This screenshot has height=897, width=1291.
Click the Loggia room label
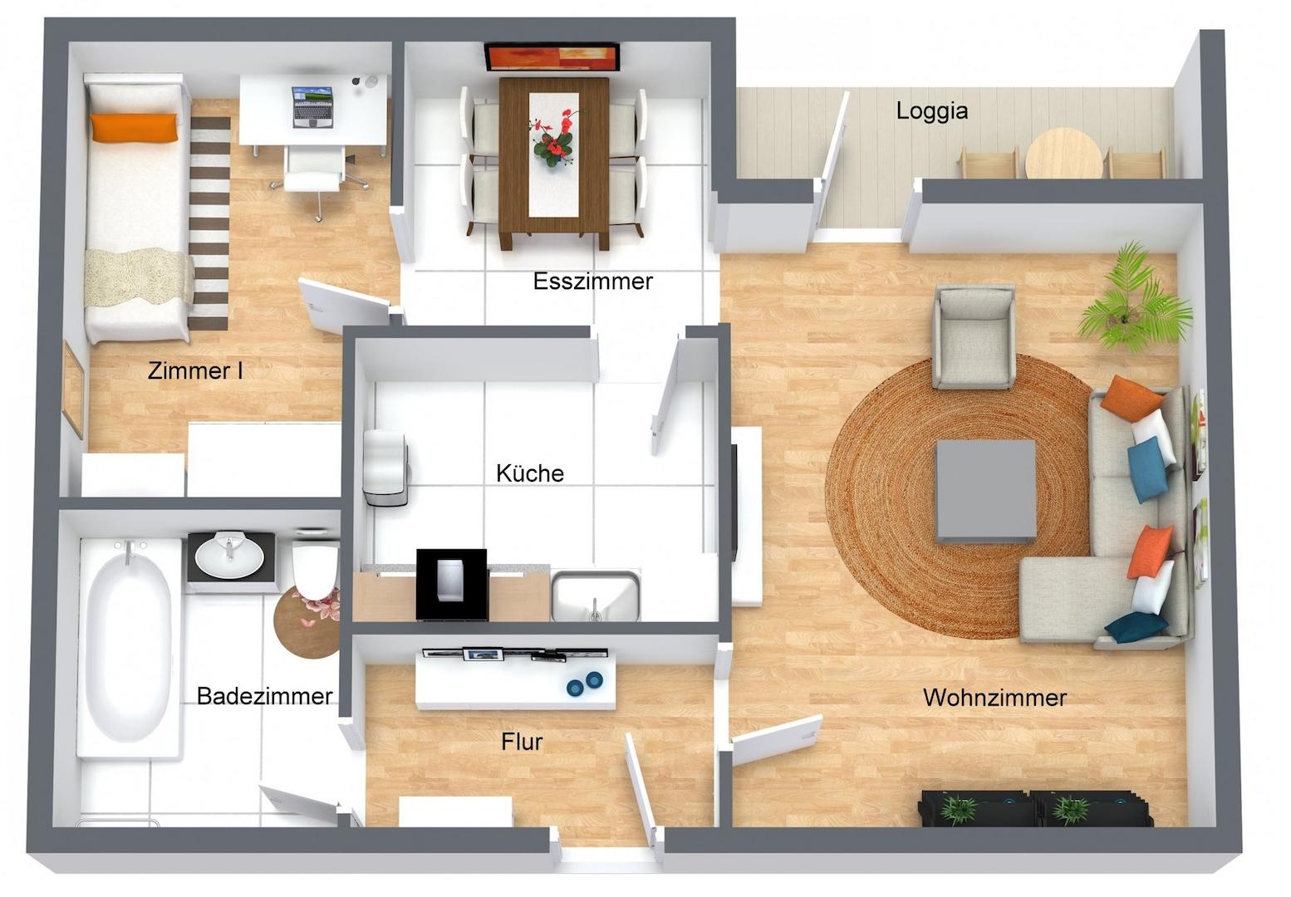pyautogui.click(x=931, y=110)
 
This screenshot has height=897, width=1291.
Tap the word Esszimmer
pyautogui.click(x=592, y=281)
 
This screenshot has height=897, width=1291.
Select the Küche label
pyautogui.click(x=530, y=473)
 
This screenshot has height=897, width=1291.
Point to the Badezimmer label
pyautogui.click(x=264, y=696)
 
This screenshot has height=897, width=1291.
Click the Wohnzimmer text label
pyautogui.click(x=994, y=698)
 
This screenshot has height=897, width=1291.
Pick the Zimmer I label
pyautogui.click(x=194, y=370)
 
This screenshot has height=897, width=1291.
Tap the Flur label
pyautogui.click(x=522, y=742)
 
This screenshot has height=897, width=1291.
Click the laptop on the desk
pyautogui.click(x=312, y=106)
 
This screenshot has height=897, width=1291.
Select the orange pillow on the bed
pyautogui.click(x=133, y=127)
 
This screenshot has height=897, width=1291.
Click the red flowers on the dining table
pyautogui.click(x=554, y=138)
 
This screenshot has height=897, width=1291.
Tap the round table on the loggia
pyautogui.click(x=1064, y=154)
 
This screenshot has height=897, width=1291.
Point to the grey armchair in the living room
pyautogui.click(x=974, y=337)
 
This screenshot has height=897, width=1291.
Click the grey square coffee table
pyautogui.click(x=985, y=492)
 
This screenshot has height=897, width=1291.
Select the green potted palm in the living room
pyautogui.click(x=1133, y=300)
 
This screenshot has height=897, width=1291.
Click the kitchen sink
pyautogui.click(x=596, y=596)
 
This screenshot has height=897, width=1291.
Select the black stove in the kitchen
pyautogui.click(x=452, y=584)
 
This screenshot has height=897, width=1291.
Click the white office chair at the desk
pyautogui.click(x=315, y=172)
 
